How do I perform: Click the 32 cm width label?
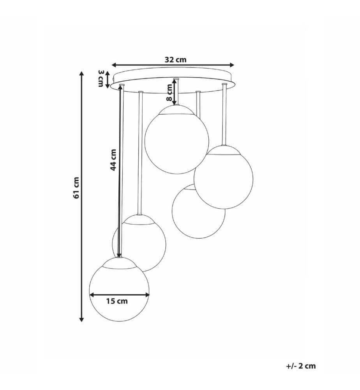[175, 60]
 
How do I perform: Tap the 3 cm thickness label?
[101, 79]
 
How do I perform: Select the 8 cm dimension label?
[169, 92]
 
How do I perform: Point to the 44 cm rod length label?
[113, 160]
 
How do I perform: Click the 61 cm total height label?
[76, 188]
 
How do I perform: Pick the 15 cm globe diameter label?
[117, 301]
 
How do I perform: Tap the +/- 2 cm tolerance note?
[301, 366]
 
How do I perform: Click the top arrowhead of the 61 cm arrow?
[81, 73]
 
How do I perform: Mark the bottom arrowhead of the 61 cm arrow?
[81, 319]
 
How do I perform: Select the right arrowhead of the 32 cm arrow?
[232, 65]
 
